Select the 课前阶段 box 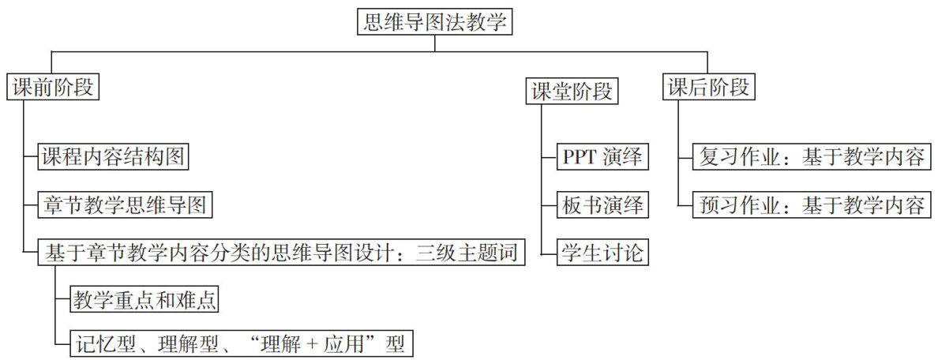(x=54, y=87)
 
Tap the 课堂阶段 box (x=572, y=91)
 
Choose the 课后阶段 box (x=707, y=87)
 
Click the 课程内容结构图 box (x=114, y=157)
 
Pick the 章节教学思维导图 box (x=126, y=205)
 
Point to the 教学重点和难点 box (x=144, y=300)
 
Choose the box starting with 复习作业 (x=811, y=157)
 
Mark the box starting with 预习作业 (x=811, y=205)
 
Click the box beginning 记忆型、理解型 (x=243, y=344)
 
